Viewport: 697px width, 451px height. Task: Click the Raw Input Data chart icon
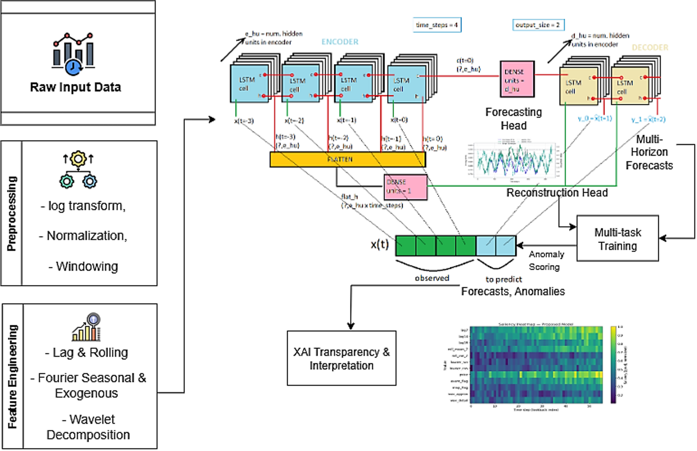pyautogui.click(x=74, y=54)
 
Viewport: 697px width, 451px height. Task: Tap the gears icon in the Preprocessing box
pyautogui.click(x=78, y=170)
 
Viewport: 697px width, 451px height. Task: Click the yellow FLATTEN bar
pyautogui.click(x=347, y=159)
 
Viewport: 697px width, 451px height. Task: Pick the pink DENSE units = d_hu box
pyautogui.click(x=517, y=80)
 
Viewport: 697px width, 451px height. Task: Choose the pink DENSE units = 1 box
pyautogui.click(x=405, y=187)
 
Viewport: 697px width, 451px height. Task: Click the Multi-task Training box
pyautogui.click(x=617, y=239)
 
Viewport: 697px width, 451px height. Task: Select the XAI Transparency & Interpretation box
pyautogui.click(x=341, y=358)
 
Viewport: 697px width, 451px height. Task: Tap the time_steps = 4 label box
pyautogui.click(x=437, y=25)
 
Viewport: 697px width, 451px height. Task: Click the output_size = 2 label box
pyautogui.click(x=538, y=25)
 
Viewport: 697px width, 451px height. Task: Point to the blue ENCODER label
pyautogui.click(x=339, y=42)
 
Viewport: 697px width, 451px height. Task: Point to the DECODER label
pyautogui.click(x=650, y=48)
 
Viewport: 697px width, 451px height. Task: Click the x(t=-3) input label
pyautogui.click(x=244, y=121)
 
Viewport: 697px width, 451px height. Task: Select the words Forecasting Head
pyautogui.click(x=513, y=119)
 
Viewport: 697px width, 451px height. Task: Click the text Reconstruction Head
pyautogui.click(x=557, y=193)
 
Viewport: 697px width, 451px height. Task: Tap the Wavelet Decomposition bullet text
pyautogui.click(x=89, y=427)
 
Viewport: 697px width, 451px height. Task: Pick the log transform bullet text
pyautogui.click(x=83, y=206)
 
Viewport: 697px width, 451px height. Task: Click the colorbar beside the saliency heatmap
pyautogui.click(x=613, y=365)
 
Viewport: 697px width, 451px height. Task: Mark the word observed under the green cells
pyautogui.click(x=432, y=278)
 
